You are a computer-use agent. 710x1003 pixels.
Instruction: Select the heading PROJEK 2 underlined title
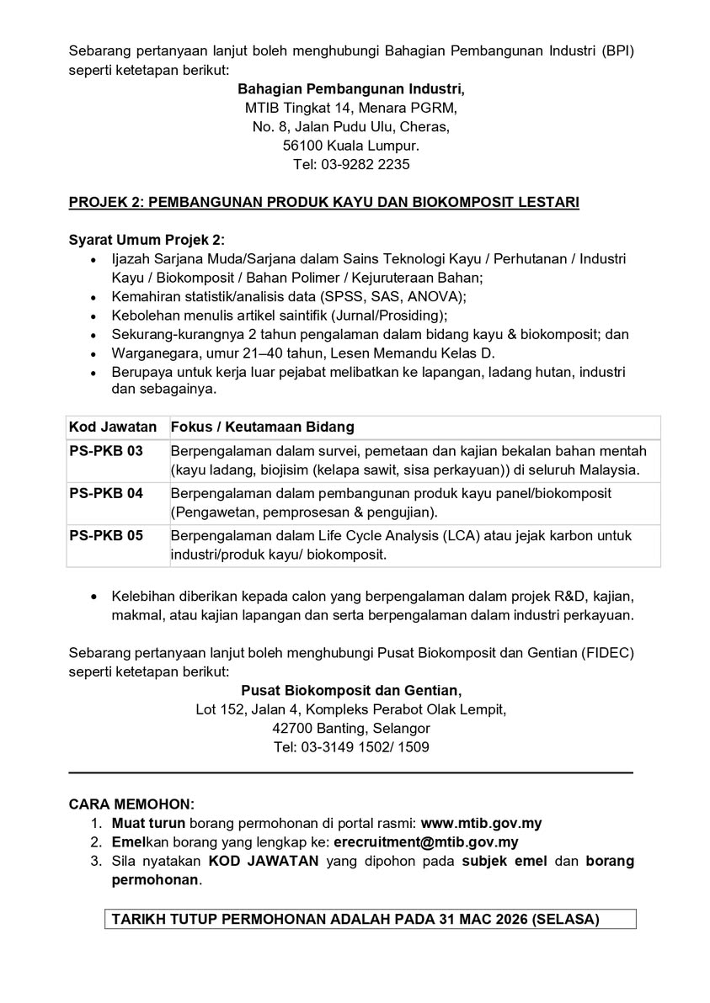tap(323, 203)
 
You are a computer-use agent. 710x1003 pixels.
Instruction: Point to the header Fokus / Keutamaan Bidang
tap(261, 427)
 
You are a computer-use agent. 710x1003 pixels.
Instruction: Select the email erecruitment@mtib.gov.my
tap(425, 842)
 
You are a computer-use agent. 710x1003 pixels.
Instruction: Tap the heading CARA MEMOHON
tap(131, 804)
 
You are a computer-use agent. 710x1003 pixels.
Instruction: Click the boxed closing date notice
tap(355, 920)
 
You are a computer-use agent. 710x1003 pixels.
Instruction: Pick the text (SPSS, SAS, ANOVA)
tap(398, 297)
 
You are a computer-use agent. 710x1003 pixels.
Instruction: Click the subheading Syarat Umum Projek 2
tap(147, 240)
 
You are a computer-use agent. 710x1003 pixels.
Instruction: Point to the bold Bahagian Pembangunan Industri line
tap(351, 88)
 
